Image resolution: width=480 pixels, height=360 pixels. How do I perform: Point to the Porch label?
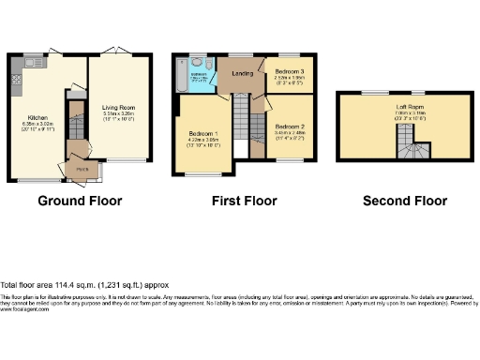(x=82, y=169)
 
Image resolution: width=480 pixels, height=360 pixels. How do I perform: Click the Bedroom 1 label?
(x=201, y=135)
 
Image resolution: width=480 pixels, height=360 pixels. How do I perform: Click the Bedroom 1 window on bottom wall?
(x=199, y=174)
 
